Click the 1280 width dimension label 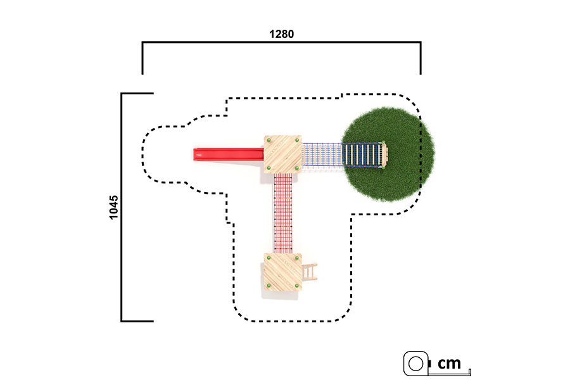coord(281,34)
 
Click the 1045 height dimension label coord(114,207)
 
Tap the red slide coord(228,154)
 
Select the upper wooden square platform coord(282,154)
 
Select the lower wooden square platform coord(282,272)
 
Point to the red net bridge coord(283,213)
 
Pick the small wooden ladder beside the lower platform coord(309,272)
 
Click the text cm coord(449,363)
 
